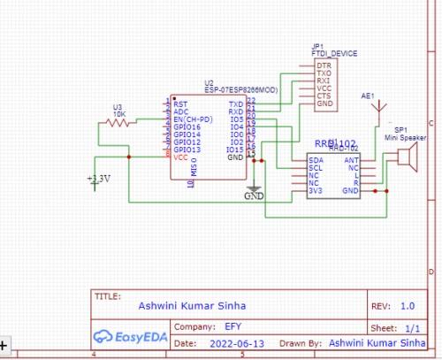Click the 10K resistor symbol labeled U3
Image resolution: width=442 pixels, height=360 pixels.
point(118,123)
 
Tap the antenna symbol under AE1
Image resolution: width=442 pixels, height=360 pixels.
point(380,111)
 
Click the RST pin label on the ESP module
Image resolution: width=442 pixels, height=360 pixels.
point(180,104)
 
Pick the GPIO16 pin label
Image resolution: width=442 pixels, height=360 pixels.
point(187,127)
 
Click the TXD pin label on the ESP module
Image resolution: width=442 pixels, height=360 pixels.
point(236,104)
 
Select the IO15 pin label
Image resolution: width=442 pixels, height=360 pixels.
point(235,149)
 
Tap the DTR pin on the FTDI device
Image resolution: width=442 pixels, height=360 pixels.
point(324,65)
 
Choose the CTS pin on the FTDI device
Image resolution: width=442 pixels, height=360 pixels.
point(324,96)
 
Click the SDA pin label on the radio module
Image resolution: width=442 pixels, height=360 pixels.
point(316,159)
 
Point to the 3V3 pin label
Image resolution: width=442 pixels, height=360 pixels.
point(315,189)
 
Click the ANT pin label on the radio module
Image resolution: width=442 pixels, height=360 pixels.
point(352,159)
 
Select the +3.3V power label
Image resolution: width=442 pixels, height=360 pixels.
point(99,179)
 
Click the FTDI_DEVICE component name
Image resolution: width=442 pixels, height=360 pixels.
point(334,53)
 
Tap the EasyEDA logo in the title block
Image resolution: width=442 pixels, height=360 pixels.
point(133,336)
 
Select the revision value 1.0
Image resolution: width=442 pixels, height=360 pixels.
point(407,305)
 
